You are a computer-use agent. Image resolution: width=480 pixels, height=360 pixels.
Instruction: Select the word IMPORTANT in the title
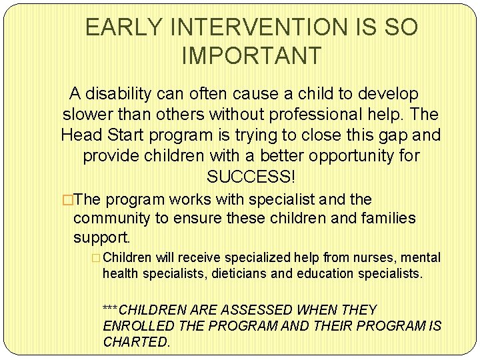pos(251,56)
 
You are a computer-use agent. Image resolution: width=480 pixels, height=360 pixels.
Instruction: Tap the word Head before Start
pos(83,135)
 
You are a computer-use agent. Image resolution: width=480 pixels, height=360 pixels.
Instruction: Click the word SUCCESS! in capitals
pos(251,177)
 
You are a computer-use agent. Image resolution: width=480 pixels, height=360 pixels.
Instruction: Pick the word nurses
pos(371,257)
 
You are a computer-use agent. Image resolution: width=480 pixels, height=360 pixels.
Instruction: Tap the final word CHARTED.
pos(136,342)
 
